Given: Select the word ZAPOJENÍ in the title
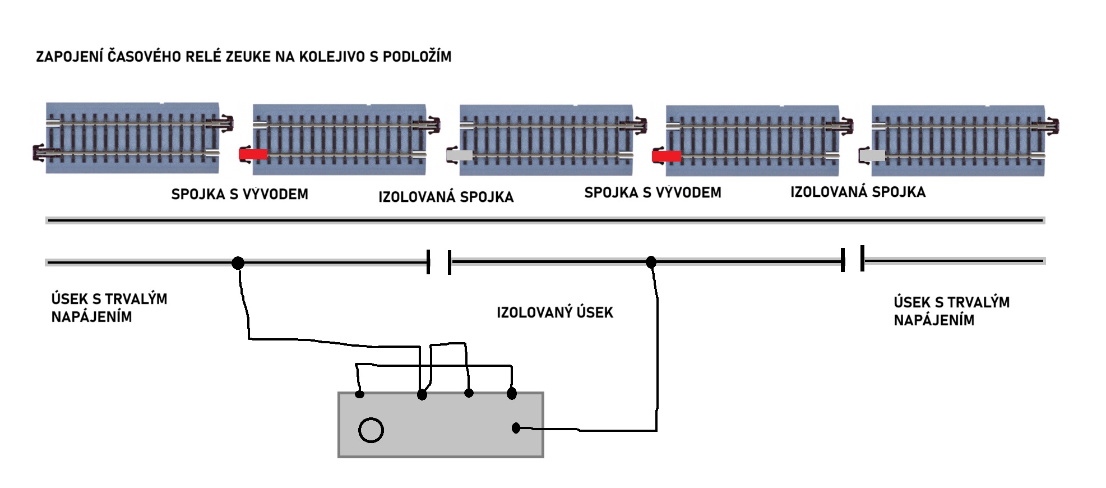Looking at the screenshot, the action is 70,56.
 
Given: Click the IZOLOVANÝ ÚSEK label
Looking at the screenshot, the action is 555,312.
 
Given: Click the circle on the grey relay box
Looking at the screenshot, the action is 371,430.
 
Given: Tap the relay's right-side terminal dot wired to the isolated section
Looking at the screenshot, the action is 516,429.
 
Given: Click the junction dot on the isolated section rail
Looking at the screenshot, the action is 651,262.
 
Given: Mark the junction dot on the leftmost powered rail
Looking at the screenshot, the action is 238,263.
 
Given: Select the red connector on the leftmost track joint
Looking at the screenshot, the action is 253,154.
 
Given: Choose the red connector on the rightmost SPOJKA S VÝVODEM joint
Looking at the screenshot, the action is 667,155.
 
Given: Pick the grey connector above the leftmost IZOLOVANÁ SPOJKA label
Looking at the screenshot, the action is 460,155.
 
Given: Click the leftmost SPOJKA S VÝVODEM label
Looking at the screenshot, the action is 240,194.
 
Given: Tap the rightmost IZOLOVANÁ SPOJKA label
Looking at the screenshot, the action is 858,192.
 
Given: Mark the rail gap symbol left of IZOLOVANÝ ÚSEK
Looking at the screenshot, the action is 439,262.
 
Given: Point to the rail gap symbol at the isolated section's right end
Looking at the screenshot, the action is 853,259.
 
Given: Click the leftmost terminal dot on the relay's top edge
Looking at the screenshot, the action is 360,394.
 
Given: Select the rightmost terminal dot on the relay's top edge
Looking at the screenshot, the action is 512,394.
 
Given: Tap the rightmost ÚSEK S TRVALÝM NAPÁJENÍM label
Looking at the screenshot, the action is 952,311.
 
